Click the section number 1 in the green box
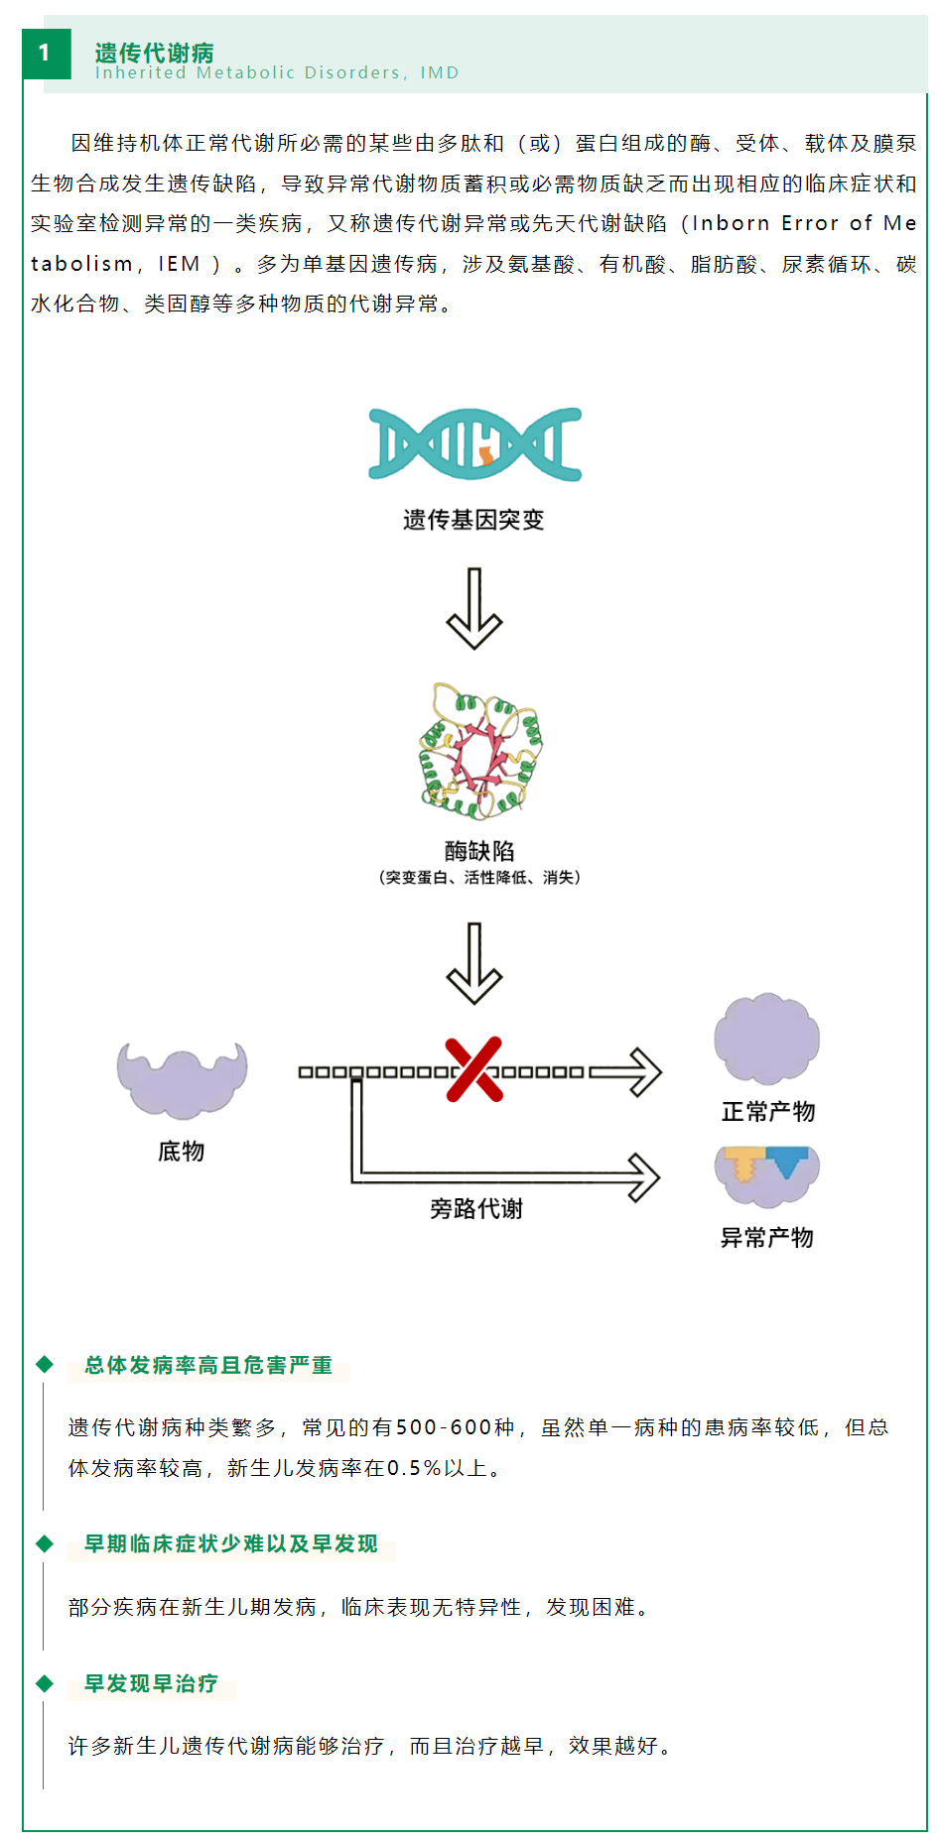click(x=46, y=54)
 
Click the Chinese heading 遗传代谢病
click(x=154, y=52)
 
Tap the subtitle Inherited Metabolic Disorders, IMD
click(x=277, y=73)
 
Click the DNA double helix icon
click(x=474, y=443)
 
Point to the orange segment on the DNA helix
click(x=486, y=455)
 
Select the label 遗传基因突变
click(x=473, y=520)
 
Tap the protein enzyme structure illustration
click(x=480, y=751)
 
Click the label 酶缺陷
click(x=479, y=851)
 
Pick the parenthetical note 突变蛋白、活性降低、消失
click(x=479, y=878)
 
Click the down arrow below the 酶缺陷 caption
click(x=474, y=963)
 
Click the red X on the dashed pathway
click(x=474, y=1070)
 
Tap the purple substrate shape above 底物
click(x=182, y=1080)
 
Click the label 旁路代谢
click(x=475, y=1209)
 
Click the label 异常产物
click(x=766, y=1238)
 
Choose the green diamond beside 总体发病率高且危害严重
click(x=44, y=1364)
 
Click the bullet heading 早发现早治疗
click(x=151, y=1683)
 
